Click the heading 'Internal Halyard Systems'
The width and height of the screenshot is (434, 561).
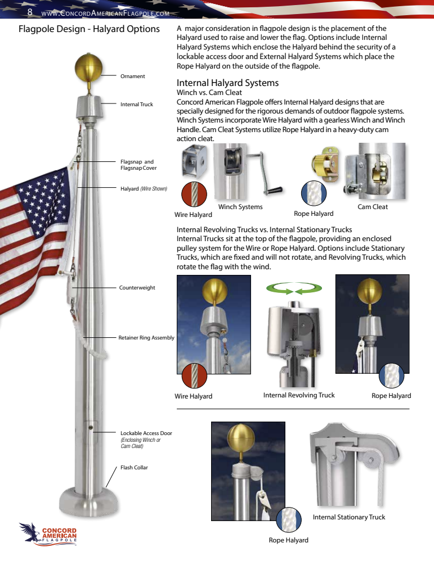[x=227, y=83]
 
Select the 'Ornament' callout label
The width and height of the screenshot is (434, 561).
[x=132, y=76]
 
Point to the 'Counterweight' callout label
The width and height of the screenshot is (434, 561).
[x=137, y=287]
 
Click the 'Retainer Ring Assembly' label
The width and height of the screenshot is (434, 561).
[x=146, y=338]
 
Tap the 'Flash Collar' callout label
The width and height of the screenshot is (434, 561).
[x=134, y=467]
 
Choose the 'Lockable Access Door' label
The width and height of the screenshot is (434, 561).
[x=146, y=433]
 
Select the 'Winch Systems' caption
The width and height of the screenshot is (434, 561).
[x=240, y=207]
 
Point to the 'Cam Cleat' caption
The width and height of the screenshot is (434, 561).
[x=373, y=207]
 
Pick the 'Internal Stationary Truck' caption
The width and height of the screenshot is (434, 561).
[x=349, y=517]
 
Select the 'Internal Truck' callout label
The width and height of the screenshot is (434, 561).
[x=136, y=104]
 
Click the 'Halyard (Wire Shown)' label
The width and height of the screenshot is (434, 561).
[x=144, y=188]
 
